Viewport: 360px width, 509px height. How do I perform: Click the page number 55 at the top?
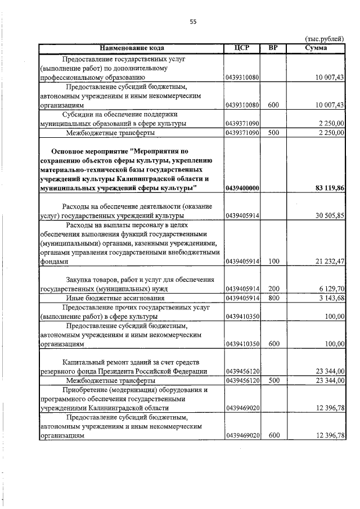[x=193, y=21]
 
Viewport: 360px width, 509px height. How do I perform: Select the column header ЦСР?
[x=241, y=48]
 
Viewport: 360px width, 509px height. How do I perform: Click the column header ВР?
[x=273, y=48]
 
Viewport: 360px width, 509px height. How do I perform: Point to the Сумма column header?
[x=316, y=48]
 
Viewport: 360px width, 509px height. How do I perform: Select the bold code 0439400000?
[x=242, y=188]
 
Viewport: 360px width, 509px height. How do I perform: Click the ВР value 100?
[x=273, y=262]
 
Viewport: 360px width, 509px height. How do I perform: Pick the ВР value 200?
[x=273, y=289]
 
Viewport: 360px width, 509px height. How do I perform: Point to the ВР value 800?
[x=273, y=298]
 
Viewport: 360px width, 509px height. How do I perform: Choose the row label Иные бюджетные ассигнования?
[x=115, y=298]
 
